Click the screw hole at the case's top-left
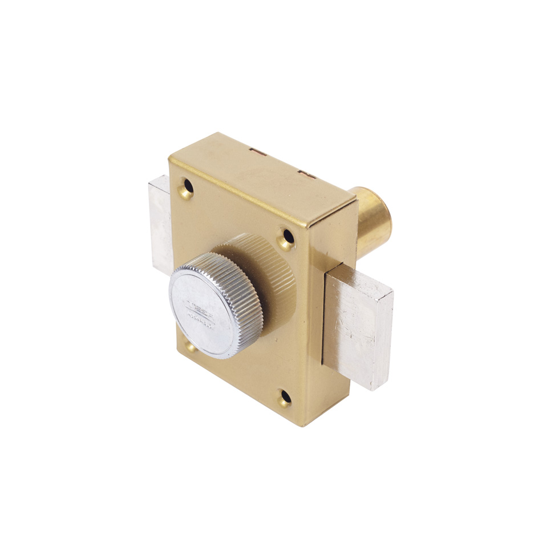tap(187, 188)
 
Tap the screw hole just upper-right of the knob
tap(287, 238)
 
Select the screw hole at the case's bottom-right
tap(285, 398)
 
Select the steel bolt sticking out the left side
tap(160, 223)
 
